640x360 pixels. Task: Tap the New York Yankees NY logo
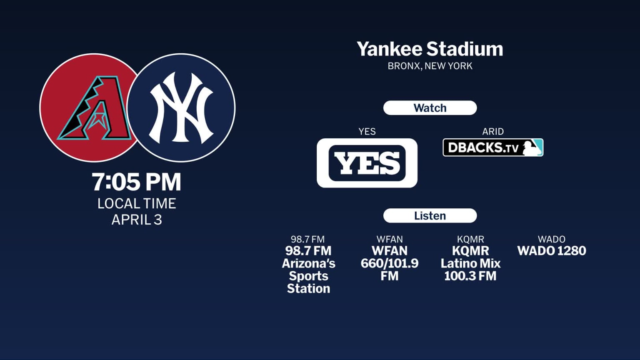[181, 108]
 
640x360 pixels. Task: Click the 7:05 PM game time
[137, 182]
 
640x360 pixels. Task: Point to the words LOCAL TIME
[137, 203]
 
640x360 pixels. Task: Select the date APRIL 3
[137, 220]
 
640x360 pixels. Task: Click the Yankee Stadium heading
[430, 49]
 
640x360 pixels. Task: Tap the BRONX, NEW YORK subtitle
[430, 66]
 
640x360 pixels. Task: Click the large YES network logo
[367, 163]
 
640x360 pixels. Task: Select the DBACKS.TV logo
[483, 147]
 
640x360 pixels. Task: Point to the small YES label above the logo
[367, 132]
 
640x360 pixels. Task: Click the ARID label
[493, 132]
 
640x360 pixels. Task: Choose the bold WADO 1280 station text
[552, 251]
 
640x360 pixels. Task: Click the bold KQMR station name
[470, 251]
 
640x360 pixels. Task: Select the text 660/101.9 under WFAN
[390, 263]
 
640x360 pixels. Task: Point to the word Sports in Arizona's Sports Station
[308, 276]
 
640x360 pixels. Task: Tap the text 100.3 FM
[470, 276]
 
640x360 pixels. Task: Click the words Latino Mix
[470, 263]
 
